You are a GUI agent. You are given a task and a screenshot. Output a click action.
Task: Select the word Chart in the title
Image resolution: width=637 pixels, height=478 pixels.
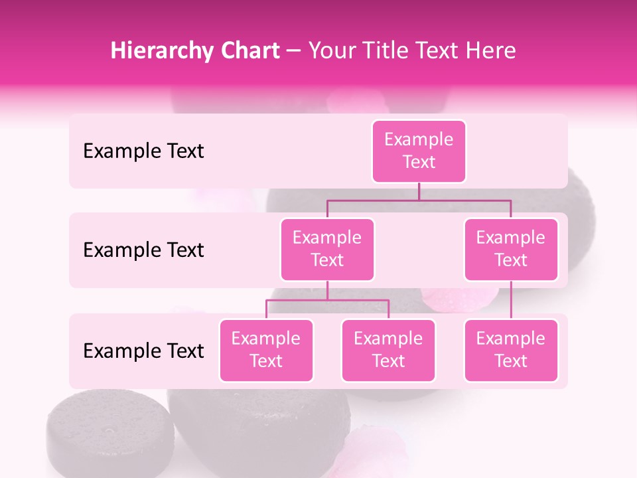249,51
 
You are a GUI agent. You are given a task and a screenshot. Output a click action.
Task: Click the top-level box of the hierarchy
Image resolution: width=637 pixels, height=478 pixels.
419,151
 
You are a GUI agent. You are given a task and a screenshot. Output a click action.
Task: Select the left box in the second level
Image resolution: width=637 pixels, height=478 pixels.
327,249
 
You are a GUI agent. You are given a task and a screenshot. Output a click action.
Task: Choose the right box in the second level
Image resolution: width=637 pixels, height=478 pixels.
511,249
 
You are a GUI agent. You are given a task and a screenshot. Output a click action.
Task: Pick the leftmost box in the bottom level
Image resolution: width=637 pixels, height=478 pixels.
266,350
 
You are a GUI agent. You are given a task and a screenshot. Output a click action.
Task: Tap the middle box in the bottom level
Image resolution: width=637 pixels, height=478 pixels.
388,350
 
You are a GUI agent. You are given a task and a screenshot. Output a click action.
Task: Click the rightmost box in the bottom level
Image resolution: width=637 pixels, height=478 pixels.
511,350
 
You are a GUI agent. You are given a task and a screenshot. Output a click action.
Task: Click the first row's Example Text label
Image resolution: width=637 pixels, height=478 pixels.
143,151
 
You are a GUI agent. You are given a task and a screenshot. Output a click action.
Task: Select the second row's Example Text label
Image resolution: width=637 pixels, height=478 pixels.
143,250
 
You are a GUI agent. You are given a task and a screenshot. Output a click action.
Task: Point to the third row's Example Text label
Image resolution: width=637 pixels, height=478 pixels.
143,351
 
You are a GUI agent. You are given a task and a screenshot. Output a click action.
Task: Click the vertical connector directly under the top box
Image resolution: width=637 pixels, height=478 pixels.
419,191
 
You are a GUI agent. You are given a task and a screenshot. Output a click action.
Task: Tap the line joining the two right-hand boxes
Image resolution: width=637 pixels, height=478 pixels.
511,300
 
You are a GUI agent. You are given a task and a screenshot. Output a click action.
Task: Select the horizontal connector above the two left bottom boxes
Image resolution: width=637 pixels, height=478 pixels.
327,300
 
